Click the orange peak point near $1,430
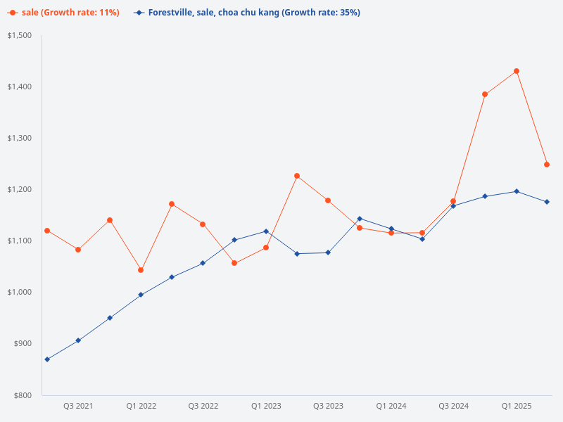(516, 71)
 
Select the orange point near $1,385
(485, 94)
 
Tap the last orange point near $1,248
(547, 165)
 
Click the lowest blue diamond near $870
(47, 359)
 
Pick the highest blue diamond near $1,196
(516, 191)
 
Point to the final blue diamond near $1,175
(547, 202)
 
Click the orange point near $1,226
(297, 176)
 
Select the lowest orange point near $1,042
(141, 270)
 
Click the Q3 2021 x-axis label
(78, 407)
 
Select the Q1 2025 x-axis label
(516, 407)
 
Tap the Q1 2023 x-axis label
(266, 407)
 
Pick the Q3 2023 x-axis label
(328, 407)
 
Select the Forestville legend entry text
(254, 13)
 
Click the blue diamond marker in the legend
(139, 13)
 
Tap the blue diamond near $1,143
(360, 219)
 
